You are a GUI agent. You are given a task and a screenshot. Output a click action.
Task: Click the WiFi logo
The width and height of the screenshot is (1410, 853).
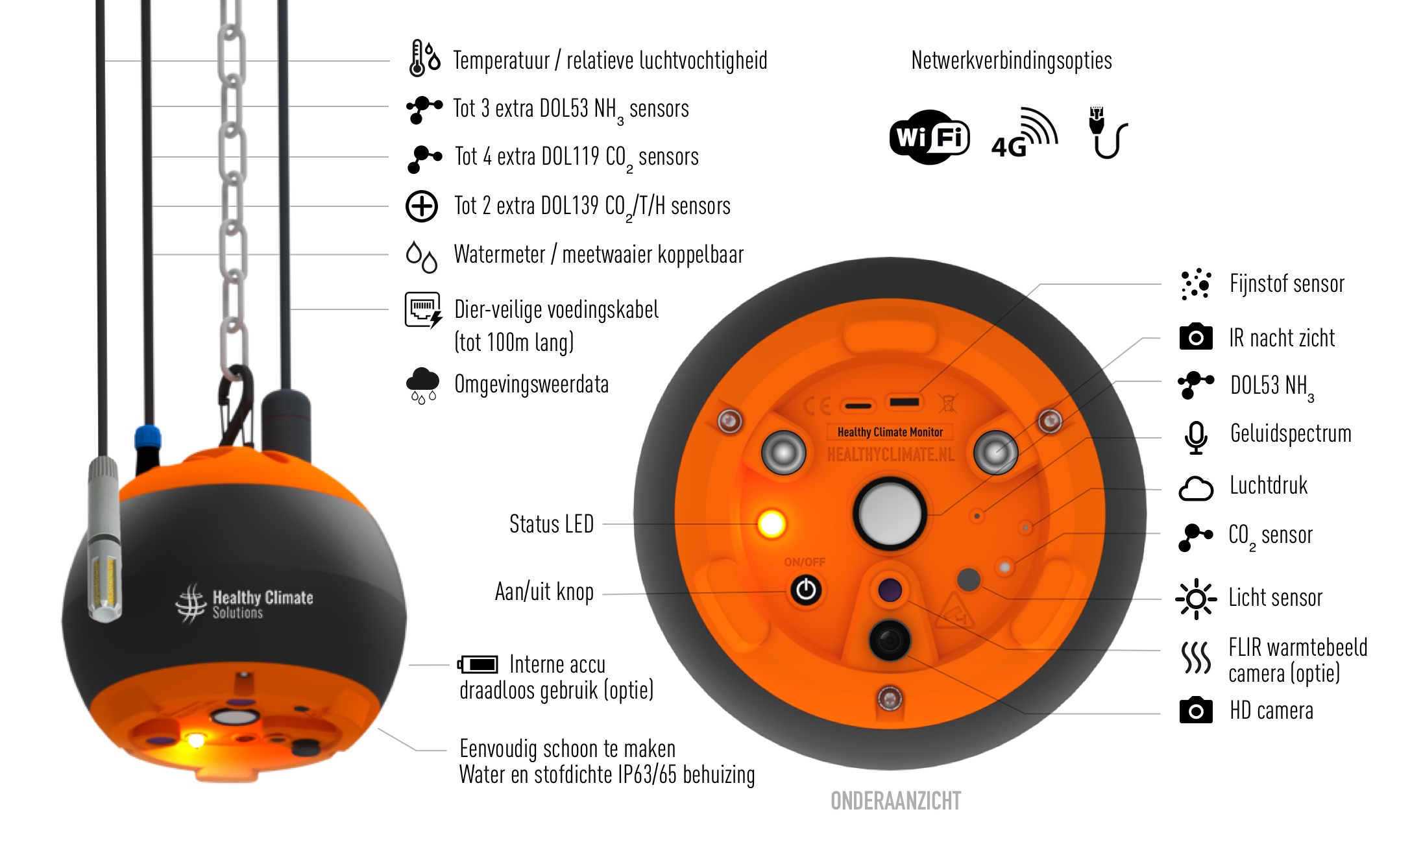tap(929, 137)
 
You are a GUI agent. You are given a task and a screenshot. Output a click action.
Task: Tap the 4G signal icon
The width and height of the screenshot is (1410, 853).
tap(1024, 133)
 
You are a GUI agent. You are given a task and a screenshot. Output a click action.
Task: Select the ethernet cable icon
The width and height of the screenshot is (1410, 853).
tap(1107, 133)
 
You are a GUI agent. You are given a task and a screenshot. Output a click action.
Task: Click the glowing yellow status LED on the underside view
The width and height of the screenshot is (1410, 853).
tap(772, 523)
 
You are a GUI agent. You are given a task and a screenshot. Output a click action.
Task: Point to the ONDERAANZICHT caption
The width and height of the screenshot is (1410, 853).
tap(895, 801)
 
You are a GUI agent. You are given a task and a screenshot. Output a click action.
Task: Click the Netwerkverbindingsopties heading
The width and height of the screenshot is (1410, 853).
tap(1011, 60)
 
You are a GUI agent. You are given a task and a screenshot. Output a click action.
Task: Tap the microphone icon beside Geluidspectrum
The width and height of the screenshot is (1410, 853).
tap(1195, 437)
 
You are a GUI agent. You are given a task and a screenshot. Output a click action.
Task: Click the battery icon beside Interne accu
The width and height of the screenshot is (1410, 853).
tap(478, 664)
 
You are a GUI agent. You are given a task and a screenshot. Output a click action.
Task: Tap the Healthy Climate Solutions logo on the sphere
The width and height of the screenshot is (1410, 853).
tap(244, 603)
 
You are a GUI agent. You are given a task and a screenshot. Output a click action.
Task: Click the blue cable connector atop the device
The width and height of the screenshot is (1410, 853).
tap(147, 438)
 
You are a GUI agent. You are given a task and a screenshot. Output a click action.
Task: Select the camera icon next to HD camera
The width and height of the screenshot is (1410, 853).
tap(1196, 710)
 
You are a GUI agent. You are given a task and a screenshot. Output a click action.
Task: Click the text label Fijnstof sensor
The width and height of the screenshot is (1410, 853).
tap(1287, 284)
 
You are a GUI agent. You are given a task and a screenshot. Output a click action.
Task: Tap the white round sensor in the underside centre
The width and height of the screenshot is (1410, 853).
tap(890, 514)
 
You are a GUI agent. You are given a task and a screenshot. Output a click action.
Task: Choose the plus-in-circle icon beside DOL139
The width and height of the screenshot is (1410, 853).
tap(422, 206)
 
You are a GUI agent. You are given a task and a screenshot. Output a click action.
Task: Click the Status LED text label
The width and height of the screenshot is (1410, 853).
tap(552, 524)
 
